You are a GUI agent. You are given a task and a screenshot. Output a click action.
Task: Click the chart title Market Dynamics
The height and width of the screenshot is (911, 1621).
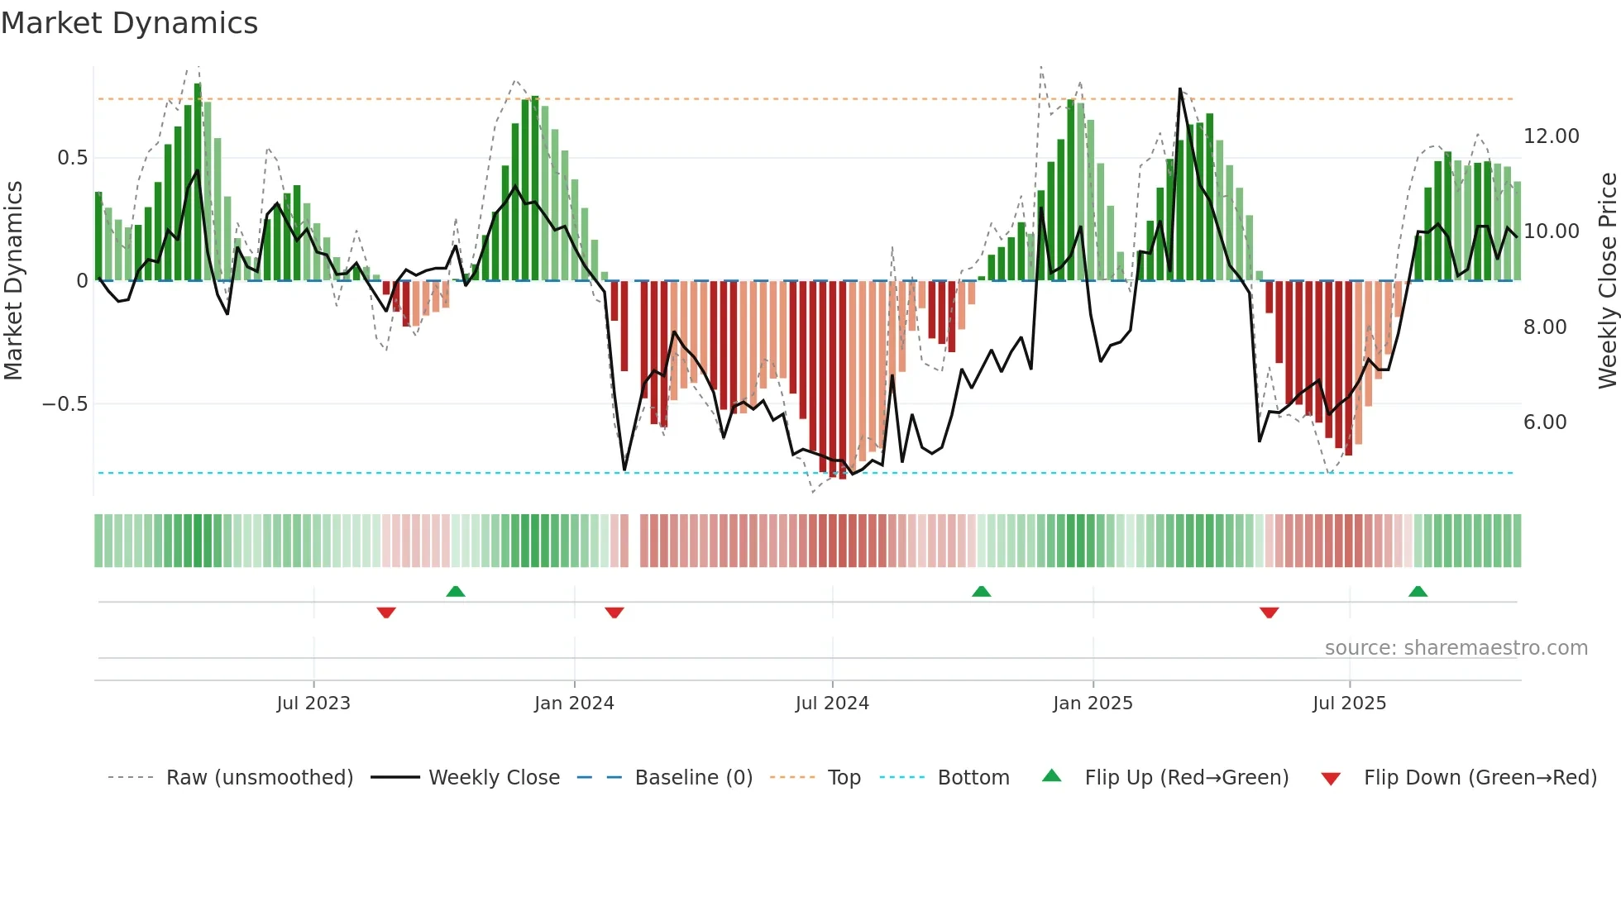pos(129,23)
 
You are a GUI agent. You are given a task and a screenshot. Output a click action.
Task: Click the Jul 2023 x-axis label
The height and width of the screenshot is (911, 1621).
pos(313,704)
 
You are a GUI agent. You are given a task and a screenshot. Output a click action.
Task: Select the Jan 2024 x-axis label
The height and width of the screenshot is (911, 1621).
pos(574,704)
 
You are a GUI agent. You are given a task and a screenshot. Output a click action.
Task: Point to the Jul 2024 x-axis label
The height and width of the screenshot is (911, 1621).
pos(832,704)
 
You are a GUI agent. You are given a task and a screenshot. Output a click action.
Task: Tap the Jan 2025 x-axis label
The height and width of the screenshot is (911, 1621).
pos(1093,704)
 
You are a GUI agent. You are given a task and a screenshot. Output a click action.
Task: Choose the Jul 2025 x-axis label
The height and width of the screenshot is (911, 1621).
pos(1349,704)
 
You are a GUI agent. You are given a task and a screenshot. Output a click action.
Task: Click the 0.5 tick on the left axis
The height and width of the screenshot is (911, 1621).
pos(72,158)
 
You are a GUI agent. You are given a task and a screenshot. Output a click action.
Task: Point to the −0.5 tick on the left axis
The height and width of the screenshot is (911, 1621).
pos(65,404)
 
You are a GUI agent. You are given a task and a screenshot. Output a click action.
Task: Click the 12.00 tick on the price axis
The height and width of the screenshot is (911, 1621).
pos(1551,136)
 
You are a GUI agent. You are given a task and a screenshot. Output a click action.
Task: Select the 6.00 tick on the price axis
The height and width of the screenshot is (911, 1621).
pos(1545,422)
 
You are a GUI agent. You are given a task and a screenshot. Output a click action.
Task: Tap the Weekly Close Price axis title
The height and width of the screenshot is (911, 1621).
pos(1607,281)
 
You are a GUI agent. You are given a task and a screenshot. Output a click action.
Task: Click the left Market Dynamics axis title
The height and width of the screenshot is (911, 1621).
pos(13,281)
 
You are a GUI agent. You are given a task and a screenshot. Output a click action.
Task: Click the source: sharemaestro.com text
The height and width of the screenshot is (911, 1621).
pos(1456,648)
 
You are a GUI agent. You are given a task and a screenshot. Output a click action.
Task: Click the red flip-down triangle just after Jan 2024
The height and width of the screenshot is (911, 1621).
pos(614,613)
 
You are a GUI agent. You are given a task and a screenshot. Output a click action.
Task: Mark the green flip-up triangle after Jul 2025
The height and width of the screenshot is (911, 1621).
pos(1418,591)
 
